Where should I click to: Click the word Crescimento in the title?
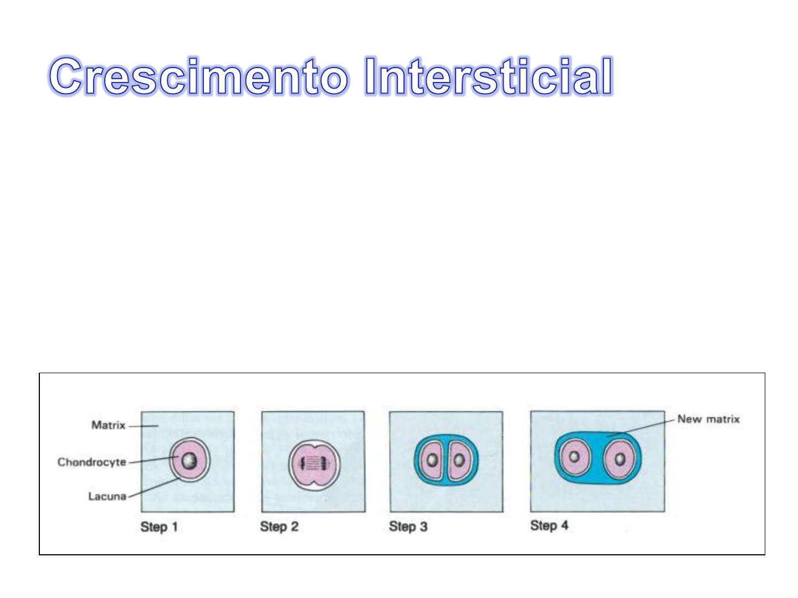click(x=198, y=76)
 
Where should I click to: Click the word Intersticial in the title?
click(x=489, y=76)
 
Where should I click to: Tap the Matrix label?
click(x=108, y=425)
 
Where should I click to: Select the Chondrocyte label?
click(x=91, y=462)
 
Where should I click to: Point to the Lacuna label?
click(x=107, y=496)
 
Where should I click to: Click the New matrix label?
click(x=708, y=419)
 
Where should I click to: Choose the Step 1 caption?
click(x=159, y=527)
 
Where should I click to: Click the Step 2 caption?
click(x=279, y=527)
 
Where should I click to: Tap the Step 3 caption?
click(x=408, y=527)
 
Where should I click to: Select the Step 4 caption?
click(x=549, y=525)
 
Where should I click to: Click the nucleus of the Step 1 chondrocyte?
click(x=189, y=461)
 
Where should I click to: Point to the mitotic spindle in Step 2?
click(x=314, y=463)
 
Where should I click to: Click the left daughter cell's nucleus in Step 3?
click(x=432, y=460)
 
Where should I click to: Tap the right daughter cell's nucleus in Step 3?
click(x=459, y=460)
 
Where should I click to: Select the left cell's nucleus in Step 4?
click(x=574, y=456)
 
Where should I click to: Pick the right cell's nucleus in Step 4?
click(x=620, y=460)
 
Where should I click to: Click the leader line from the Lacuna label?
click(x=154, y=487)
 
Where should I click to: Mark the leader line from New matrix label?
click(x=640, y=427)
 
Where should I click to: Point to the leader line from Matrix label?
click(x=143, y=426)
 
